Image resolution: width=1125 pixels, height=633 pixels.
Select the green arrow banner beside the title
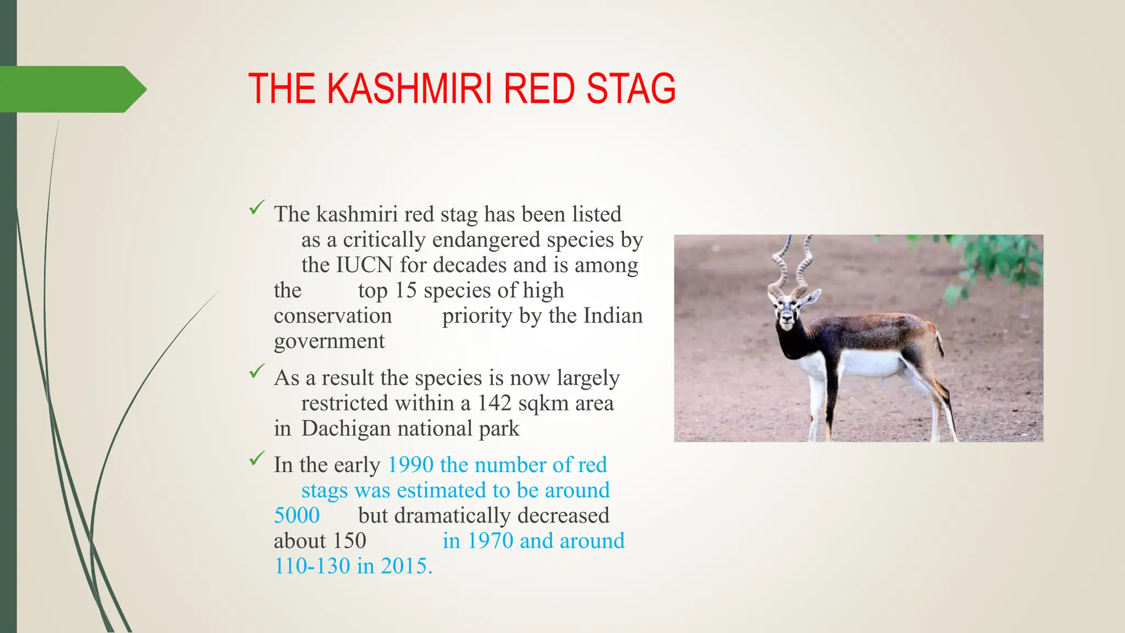click(x=71, y=89)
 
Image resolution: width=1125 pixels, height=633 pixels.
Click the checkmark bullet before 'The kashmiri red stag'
click(x=257, y=208)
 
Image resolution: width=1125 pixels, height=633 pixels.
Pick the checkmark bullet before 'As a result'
click(x=257, y=371)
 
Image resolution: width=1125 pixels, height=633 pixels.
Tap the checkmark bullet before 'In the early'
click(x=257, y=458)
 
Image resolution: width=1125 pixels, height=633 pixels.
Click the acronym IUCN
click(x=364, y=265)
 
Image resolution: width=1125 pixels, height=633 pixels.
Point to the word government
click(x=329, y=341)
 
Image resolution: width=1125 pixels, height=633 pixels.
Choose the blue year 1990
click(x=411, y=465)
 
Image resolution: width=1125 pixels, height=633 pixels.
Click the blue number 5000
click(x=297, y=515)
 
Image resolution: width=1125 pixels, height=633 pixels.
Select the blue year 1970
click(x=490, y=541)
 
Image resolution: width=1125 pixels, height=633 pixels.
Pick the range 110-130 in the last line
click(x=312, y=566)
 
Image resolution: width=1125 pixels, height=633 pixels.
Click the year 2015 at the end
click(x=406, y=566)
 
